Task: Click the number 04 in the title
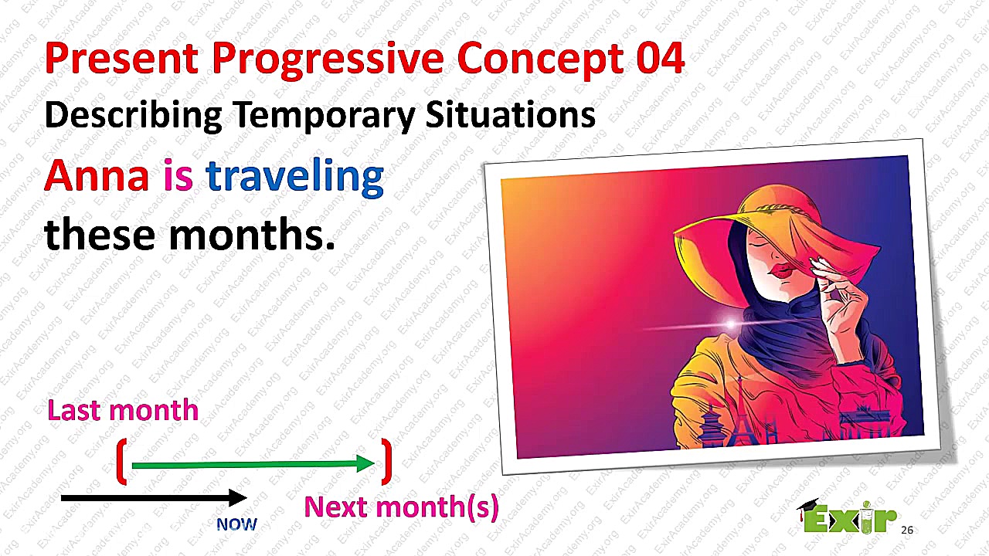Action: point(661,58)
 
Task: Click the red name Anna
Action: point(97,175)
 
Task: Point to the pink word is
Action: point(178,175)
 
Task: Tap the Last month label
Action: point(123,409)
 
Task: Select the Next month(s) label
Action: point(401,507)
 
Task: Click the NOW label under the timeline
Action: point(236,524)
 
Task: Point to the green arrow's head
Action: point(365,463)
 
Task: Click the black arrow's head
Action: point(237,498)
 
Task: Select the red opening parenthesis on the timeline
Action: point(122,462)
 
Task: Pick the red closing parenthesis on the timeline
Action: point(387,462)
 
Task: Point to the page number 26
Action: point(907,530)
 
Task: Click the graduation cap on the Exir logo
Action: point(808,506)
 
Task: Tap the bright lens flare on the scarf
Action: point(731,324)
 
